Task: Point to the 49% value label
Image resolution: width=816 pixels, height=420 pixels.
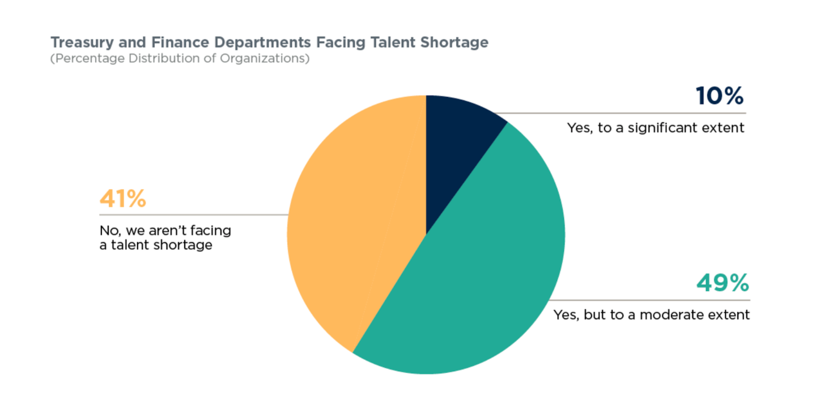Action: pos(722,283)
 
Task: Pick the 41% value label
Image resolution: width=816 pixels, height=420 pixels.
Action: pos(123,199)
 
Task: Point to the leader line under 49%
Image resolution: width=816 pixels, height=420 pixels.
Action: pos(652,300)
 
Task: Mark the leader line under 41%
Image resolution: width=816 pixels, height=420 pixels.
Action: pos(193,215)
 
